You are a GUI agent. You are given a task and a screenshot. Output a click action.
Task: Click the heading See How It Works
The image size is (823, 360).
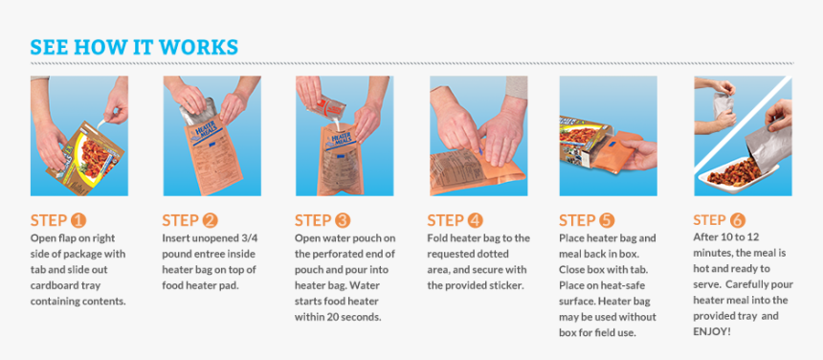pyautogui.click(x=134, y=47)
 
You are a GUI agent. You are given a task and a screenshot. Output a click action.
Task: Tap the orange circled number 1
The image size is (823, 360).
pyautogui.click(x=78, y=220)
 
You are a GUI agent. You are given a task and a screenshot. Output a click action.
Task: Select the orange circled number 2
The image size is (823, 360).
pyautogui.click(x=210, y=220)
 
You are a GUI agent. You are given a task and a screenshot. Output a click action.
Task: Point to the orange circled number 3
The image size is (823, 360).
pyautogui.click(x=343, y=220)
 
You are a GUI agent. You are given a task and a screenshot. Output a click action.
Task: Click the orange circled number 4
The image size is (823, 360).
pyautogui.click(x=475, y=220)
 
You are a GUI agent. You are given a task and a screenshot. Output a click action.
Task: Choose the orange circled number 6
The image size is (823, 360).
pyautogui.click(x=738, y=220)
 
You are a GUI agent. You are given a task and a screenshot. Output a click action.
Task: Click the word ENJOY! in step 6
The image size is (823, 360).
pyautogui.click(x=712, y=331)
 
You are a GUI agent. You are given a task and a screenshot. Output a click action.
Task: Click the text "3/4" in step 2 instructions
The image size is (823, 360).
pyautogui.click(x=250, y=238)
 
